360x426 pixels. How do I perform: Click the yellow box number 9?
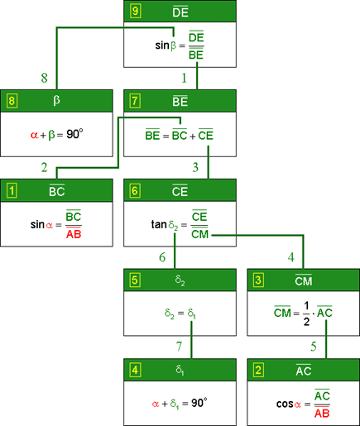pyautogui.click(x=135, y=11)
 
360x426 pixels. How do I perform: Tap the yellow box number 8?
pyautogui.click(x=12, y=101)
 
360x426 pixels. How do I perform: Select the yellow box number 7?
pyautogui.click(x=135, y=101)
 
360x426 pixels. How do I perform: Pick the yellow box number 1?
pyautogui.click(x=12, y=190)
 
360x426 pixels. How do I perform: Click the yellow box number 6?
pyautogui.click(x=135, y=190)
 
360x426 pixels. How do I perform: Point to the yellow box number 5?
pyautogui.click(x=135, y=280)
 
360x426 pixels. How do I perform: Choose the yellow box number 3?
pyautogui.click(x=258, y=280)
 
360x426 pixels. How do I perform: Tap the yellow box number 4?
pyautogui.click(x=135, y=370)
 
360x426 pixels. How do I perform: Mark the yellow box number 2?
pyautogui.click(x=258, y=370)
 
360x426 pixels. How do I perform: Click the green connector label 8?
pyautogui.click(x=45, y=78)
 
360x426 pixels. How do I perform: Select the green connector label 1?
pyautogui.click(x=185, y=78)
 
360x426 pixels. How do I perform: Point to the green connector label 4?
pyautogui.click(x=290, y=257)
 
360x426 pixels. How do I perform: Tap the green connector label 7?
pyautogui.click(x=179, y=347)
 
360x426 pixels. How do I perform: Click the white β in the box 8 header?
pyautogui.click(x=56, y=101)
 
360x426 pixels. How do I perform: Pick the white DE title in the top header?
pyautogui.click(x=180, y=12)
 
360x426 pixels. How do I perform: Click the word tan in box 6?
pyautogui.click(x=159, y=224)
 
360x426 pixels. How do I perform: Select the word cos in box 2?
pyautogui.click(x=285, y=404)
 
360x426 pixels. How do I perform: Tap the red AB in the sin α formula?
pyautogui.click(x=74, y=234)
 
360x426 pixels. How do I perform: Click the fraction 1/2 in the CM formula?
pyautogui.click(x=306, y=314)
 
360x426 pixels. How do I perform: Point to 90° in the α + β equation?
pyautogui.click(x=74, y=134)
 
